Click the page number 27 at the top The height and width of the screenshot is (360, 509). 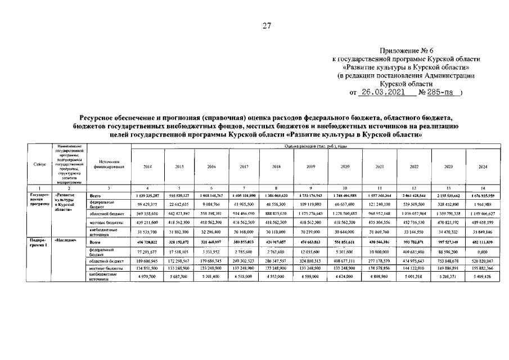point(267,25)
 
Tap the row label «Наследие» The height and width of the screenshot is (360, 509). point(66,241)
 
